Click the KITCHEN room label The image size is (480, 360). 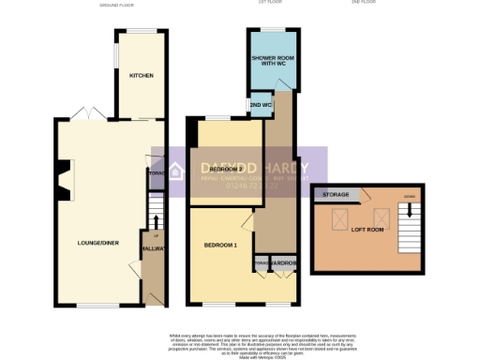(x=142, y=75)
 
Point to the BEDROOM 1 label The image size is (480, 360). (x=220, y=245)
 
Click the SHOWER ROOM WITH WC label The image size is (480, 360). (x=272, y=62)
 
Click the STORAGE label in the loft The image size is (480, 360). (x=337, y=195)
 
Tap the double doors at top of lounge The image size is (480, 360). (x=94, y=114)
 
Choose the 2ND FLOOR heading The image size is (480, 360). (x=365, y=3)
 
